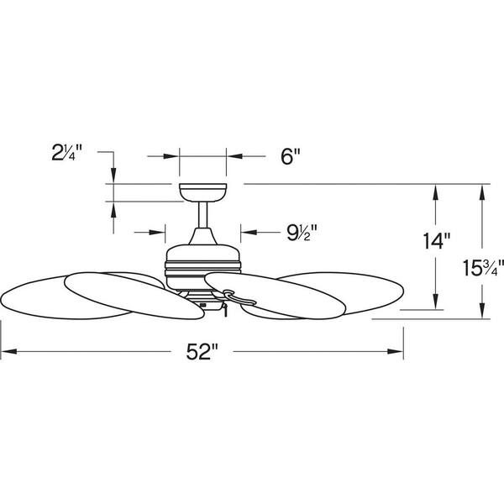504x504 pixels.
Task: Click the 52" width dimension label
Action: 202,351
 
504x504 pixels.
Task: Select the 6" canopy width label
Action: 291,156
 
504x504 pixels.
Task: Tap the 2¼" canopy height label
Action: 67,152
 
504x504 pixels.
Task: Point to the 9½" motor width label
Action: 302,233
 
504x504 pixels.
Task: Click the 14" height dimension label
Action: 436,241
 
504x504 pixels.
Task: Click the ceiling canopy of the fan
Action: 202,192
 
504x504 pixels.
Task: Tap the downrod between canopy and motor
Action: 202,215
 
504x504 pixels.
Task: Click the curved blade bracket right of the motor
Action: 239,297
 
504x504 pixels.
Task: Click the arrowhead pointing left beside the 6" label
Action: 234,156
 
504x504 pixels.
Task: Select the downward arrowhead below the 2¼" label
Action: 113,176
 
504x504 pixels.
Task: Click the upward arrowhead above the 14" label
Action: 435,192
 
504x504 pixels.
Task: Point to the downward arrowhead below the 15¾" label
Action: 482,311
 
